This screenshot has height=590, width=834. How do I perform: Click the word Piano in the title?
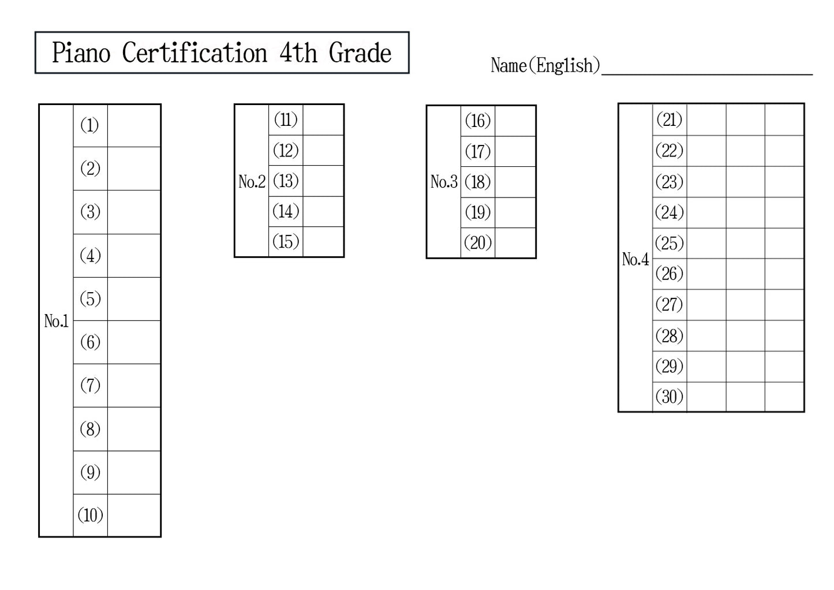click(x=81, y=53)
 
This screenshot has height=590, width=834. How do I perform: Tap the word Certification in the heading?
click(x=194, y=53)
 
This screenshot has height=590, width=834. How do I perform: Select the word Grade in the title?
click(x=360, y=53)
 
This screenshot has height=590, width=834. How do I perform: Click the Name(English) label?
click(x=545, y=65)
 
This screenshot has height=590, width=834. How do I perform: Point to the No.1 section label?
click(x=56, y=321)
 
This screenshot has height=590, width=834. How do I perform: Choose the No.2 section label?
click(x=252, y=182)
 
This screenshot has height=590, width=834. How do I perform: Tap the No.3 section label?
click(x=444, y=182)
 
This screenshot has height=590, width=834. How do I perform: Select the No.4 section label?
click(x=635, y=259)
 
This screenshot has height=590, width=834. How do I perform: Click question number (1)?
click(x=90, y=125)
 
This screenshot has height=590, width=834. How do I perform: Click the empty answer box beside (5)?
click(x=134, y=299)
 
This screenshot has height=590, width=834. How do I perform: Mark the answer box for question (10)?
click(x=134, y=516)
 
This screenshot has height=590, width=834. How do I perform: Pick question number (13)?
click(x=286, y=181)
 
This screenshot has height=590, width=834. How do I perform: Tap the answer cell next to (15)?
click(x=323, y=242)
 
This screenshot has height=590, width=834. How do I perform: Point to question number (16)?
click(x=477, y=121)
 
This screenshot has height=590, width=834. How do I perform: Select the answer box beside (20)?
click(x=515, y=243)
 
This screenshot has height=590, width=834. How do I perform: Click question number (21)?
click(x=670, y=120)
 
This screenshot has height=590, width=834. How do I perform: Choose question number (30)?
click(x=670, y=397)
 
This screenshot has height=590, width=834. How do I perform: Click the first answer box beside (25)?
click(x=706, y=243)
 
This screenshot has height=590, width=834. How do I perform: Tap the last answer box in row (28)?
click(x=784, y=335)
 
